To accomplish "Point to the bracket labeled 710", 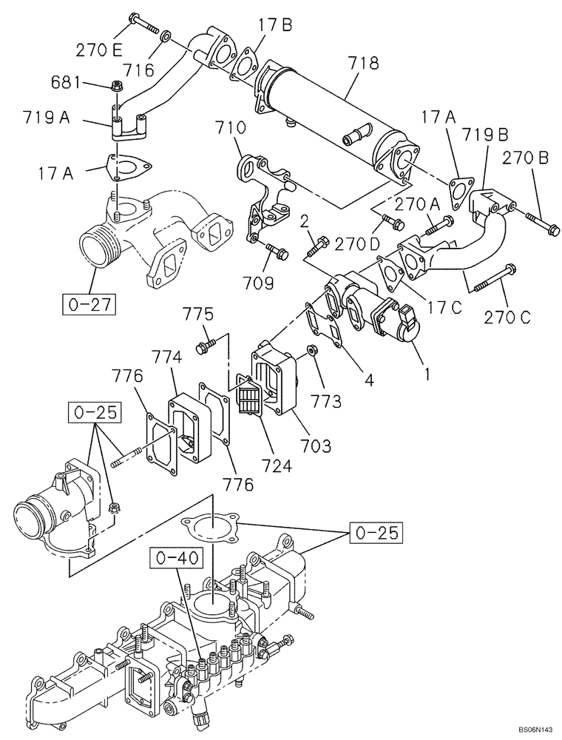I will (x=260, y=189).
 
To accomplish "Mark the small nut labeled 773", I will (x=314, y=347).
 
